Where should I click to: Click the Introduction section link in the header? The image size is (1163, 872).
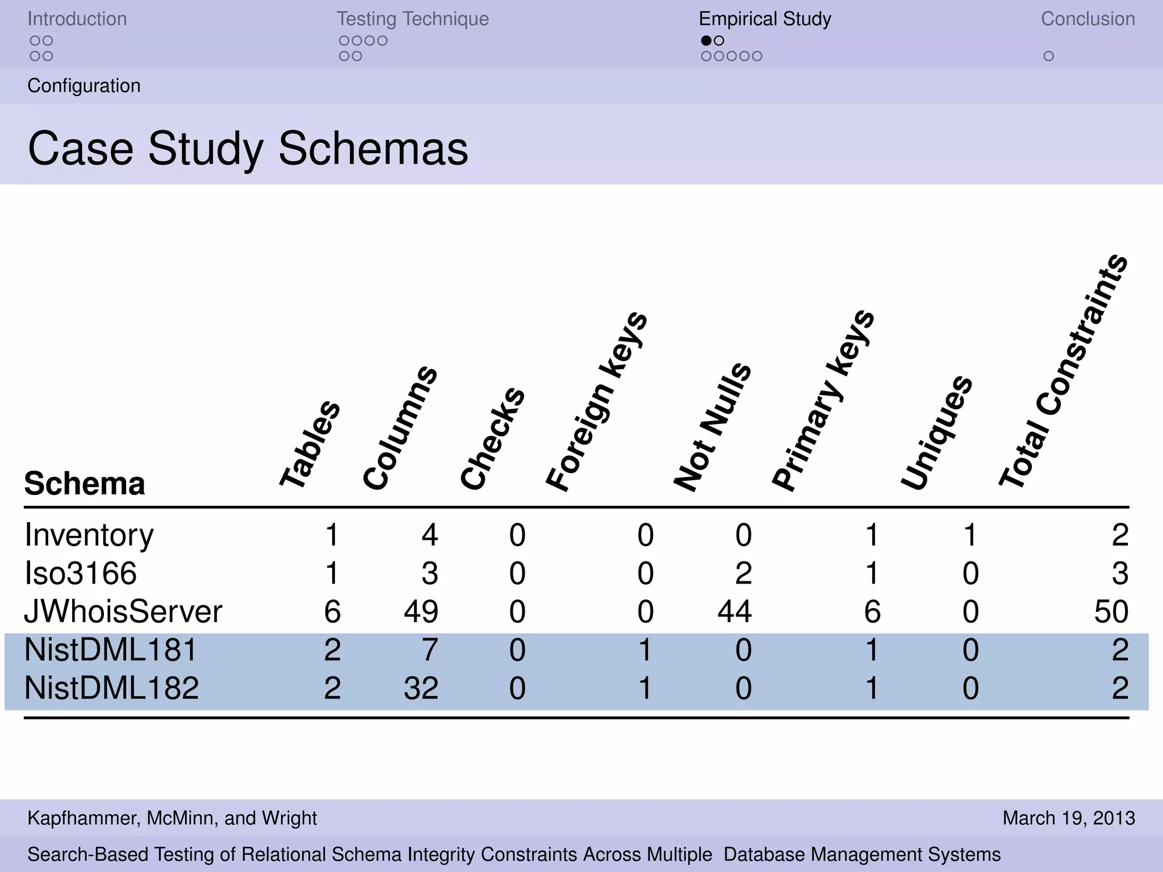tap(77, 19)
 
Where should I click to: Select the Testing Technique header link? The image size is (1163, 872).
tap(413, 19)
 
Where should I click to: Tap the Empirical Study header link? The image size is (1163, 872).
tap(765, 19)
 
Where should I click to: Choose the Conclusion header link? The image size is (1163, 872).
tap(1087, 19)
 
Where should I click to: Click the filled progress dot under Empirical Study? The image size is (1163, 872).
tap(706, 40)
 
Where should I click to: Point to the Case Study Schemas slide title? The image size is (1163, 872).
tap(248, 148)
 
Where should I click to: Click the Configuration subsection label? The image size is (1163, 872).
tap(84, 86)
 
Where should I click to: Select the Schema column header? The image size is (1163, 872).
tap(85, 483)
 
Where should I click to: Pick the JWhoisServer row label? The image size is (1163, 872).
tap(123, 611)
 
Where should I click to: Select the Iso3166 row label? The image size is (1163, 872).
tap(81, 573)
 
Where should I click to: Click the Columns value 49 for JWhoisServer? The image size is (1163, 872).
tap(421, 611)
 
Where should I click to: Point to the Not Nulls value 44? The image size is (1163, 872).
tap(735, 611)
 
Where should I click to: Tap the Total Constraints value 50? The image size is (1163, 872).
tap(1111, 611)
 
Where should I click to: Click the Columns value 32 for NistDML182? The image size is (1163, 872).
tap(421, 688)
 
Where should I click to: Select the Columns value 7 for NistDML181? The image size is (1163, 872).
tap(430, 650)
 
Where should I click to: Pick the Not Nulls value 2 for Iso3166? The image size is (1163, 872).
tap(743, 573)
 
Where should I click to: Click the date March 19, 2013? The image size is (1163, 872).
tap(1069, 818)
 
